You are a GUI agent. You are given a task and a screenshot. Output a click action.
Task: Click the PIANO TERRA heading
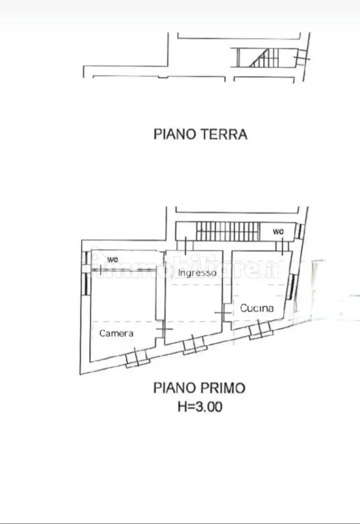(x=200, y=134)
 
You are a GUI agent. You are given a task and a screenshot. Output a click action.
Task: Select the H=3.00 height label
(x=200, y=407)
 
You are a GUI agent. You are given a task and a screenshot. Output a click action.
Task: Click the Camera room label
(x=116, y=333)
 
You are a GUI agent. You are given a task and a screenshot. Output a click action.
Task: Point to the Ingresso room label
(x=197, y=273)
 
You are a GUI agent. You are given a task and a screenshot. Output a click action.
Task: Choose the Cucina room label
(x=257, y=308)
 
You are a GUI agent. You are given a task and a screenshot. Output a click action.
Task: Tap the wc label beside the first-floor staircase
(x=278, y=231)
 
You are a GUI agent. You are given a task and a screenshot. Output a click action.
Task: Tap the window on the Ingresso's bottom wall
(x=194, y=345)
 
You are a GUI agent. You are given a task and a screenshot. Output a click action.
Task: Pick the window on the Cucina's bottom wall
(x=260, y=330)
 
